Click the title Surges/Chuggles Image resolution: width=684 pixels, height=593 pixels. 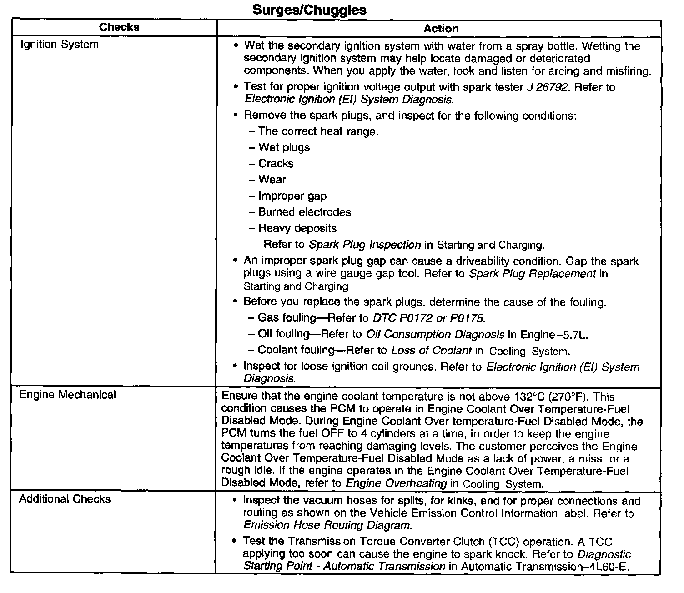[x=309, y=10]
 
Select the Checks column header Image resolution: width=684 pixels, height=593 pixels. [x=119, y=27]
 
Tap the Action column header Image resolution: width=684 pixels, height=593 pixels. [x=441, y=29]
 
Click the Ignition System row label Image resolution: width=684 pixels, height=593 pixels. [x=60, y=45]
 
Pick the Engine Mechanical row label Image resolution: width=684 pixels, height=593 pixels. [x=67, y=395]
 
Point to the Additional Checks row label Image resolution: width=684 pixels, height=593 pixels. [x=65, y=499]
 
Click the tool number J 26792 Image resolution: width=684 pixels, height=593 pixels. [x=548, y=87]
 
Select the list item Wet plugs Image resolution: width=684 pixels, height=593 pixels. [x=284, y=147]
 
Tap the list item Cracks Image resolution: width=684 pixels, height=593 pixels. [x=276, y=164]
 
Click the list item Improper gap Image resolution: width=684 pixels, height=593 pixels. [x=292, y=196]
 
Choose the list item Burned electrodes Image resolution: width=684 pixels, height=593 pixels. [x=304, y=212]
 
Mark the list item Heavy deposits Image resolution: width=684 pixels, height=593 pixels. [x=297, y=228]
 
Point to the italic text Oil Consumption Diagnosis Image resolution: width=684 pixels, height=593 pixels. [x=435, y=335]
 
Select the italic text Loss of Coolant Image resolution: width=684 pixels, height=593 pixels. [x=431, y=351]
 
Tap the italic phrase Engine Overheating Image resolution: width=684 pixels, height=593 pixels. [x=396, y=483]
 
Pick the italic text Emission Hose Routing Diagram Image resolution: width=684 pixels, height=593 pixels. [x=327, y=525]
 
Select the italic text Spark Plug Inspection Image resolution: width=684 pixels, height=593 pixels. [x=365, y=245]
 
